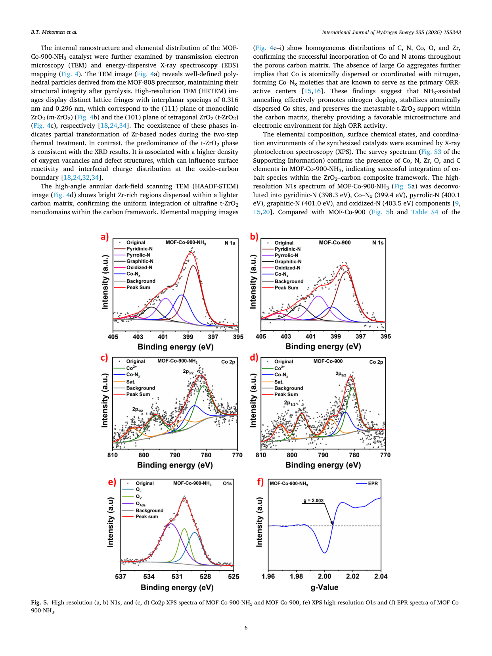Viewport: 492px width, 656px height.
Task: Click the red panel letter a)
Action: (x=105, y=237)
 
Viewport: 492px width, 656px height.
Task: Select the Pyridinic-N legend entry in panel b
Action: (x=287, y=249)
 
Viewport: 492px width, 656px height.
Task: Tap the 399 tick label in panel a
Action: (x=188, y=337)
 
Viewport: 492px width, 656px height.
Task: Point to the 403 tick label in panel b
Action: (x=285, y=336)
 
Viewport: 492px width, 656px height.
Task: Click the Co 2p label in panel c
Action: (x=228, y=362)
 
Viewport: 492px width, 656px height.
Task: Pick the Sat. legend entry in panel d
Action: (x=279, y=382)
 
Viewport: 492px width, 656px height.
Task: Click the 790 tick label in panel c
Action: (x=175, y=455)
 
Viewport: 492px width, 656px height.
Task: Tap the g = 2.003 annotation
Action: (x=313, y=501)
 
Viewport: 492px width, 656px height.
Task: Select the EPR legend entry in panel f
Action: (x=373, y=483)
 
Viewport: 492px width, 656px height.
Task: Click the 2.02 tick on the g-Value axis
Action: (x=352, y=576)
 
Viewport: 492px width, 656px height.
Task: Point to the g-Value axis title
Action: (x=324, y=587)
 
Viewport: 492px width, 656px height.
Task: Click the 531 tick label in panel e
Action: (x=177, y=576)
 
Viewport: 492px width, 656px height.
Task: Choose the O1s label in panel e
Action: (x=227, y=483)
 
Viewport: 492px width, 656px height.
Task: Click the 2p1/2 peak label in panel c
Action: (x=138, y=409)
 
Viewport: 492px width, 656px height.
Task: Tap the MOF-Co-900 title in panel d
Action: (x=328, y=361)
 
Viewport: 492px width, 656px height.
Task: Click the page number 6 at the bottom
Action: (x=246, y=627)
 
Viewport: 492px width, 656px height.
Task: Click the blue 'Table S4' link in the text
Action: (x=425, y=212)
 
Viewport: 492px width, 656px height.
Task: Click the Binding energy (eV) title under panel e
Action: (x=177, y=587)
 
